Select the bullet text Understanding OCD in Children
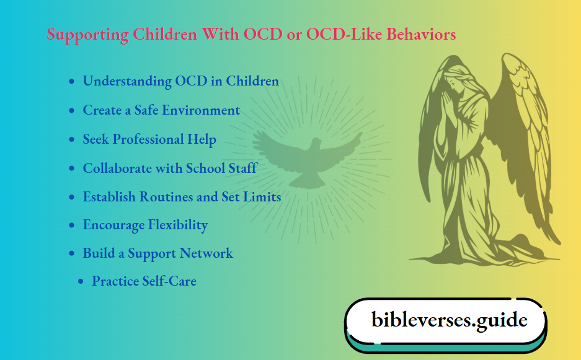[180, 81]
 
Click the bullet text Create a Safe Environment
[161, 110]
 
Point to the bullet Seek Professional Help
[149, 139]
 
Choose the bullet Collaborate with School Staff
[170, 168]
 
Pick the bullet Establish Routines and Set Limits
[182, 197]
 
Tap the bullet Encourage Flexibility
[145, 225]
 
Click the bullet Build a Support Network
[157, 253]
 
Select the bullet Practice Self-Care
[144, 281]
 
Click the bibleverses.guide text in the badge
[449, 320]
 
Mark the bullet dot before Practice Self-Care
[81, 282]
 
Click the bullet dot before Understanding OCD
[73, 82]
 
